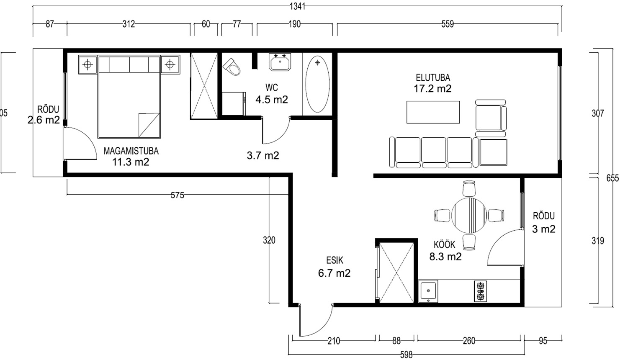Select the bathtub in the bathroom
coord(317,84)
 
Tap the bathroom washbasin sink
coord(280,62)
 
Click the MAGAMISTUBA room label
coord(131,151)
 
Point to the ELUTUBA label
coord(433,77)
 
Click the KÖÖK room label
coord(444,245)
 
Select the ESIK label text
coord(335,260)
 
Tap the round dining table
coord(469,215)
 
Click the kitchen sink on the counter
coord(428,291)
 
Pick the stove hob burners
coord(480,291)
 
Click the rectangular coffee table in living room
coord(433,112)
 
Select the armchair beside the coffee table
coord(491,115)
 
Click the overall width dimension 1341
coord(297,6)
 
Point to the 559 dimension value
coord(448,24)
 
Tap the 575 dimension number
coord(178,195)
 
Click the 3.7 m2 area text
coord(263,156)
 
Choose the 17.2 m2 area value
coord(432,89)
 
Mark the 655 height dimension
coord(613,178)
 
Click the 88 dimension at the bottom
coord(396,341)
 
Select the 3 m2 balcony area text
coord(543,229)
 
